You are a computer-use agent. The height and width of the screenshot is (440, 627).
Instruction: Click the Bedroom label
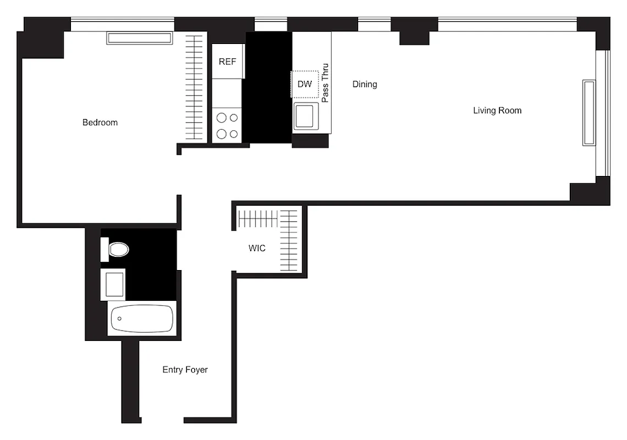pos(100,123)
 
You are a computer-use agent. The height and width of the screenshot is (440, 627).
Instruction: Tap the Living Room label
pos(497,111)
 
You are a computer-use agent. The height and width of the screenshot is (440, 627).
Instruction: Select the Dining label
pos(365,84)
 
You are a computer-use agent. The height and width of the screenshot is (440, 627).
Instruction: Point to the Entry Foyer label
pos(185,370)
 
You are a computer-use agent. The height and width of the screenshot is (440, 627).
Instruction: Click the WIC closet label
pos(257,248)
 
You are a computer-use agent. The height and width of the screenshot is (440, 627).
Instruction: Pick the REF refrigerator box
pos(227,61)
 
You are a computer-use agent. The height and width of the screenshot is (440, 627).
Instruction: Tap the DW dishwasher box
pos(305,84)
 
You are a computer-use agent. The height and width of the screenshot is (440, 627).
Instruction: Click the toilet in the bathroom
pos(118,250)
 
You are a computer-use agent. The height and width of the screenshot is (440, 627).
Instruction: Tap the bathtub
pos(142,318)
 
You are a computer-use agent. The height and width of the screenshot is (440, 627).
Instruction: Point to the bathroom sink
pos(114,284)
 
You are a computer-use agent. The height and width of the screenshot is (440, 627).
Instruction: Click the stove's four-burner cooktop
pos(227,125)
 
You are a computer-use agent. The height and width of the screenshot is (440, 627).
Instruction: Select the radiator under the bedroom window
pos(140,38)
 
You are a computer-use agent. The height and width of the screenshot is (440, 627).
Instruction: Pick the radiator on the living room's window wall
pos(589,113)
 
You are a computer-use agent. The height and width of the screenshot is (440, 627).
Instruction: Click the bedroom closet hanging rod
pos(194,88)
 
